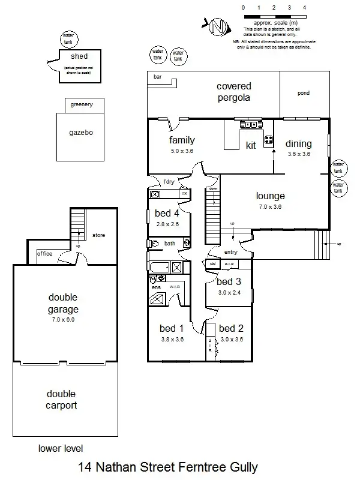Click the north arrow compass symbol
[219, 26]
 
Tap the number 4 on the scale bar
[305, 7]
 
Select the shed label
[79, 57]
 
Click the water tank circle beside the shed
[68, 39]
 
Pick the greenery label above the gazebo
[82, 104]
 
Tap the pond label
[304, 94]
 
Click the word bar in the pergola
[158, 77]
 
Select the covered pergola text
[233, 92]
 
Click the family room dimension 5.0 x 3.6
[182, 152]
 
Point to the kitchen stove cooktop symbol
[268, 142]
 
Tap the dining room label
[298, 143]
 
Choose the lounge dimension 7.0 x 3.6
[269, 207]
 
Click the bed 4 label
[167, 213]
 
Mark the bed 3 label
[229, 281]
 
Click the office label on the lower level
[45, 254]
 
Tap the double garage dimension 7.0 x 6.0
[63, 320]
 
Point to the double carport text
[62, 400]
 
